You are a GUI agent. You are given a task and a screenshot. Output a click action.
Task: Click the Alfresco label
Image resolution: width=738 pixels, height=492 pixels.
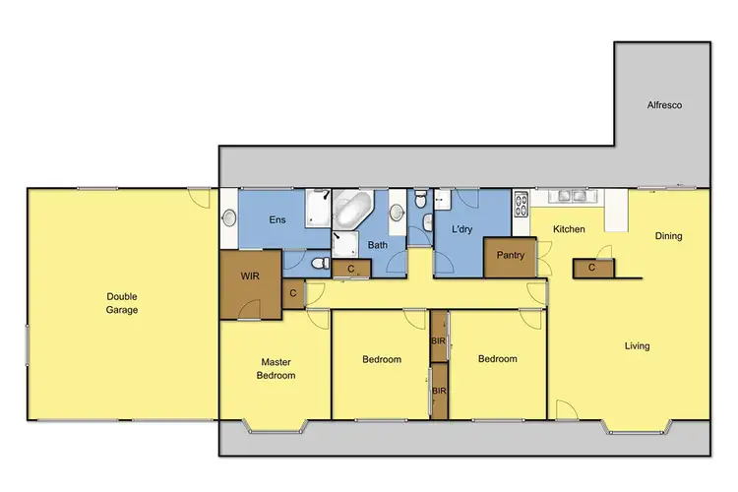tap(663, 103)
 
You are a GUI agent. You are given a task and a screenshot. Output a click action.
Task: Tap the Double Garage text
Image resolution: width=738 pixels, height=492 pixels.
tap(123, 302)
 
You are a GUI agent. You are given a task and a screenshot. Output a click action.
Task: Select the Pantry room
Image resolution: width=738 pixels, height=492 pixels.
tap(510, 256)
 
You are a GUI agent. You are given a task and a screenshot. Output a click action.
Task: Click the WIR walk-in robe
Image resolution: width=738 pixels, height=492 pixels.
tap(250, 277)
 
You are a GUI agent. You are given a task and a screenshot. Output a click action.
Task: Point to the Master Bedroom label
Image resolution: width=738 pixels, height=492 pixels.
tap(277, 368)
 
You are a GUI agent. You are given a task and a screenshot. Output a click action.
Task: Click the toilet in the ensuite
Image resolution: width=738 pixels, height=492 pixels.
tap(317, 264)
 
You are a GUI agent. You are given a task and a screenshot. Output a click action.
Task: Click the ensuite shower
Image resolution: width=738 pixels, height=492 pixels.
tap(317, 207)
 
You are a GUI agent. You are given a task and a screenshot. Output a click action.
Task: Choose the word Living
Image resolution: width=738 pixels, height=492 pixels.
tap(637, 345)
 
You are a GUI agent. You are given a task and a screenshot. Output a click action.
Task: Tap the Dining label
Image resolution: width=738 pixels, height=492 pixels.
tap(668, 236)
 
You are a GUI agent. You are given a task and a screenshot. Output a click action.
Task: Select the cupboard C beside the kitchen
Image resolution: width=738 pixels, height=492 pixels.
tap(592, 267)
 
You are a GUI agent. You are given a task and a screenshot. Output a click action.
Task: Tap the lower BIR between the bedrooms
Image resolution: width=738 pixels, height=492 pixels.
tap(439, 391)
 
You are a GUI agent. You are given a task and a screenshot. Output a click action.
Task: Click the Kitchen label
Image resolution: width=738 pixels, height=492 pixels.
tap(569, 229)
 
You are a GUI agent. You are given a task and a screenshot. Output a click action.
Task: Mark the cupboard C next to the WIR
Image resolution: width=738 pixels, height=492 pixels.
tap(293, 292)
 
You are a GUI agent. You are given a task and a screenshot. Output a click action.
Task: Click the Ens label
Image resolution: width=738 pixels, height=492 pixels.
tap(277, 219)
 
